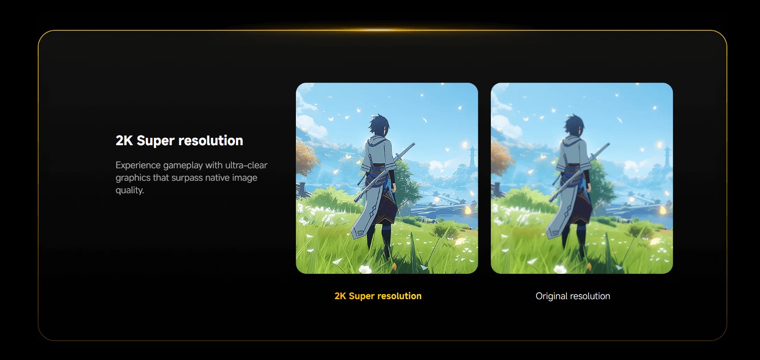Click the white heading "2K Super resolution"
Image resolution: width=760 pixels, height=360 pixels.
(x=179, y=141)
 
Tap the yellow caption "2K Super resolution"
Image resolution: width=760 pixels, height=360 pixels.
(x=378, y=296)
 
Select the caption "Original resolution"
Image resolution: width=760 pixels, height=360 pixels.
(x=573, y=296)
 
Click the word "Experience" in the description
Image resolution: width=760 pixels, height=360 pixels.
(x=138, y=165)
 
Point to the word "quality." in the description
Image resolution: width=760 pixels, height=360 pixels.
(x=130, y=190)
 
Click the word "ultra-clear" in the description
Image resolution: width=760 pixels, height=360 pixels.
(x=246, y=165)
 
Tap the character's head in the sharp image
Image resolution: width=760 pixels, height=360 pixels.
(x=379, y=125)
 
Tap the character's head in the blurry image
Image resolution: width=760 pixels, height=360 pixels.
(x=574, y=125)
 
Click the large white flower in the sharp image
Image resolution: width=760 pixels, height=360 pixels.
(x=365, y=269)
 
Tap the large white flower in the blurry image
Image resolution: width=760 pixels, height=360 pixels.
(x=560, y=269)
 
